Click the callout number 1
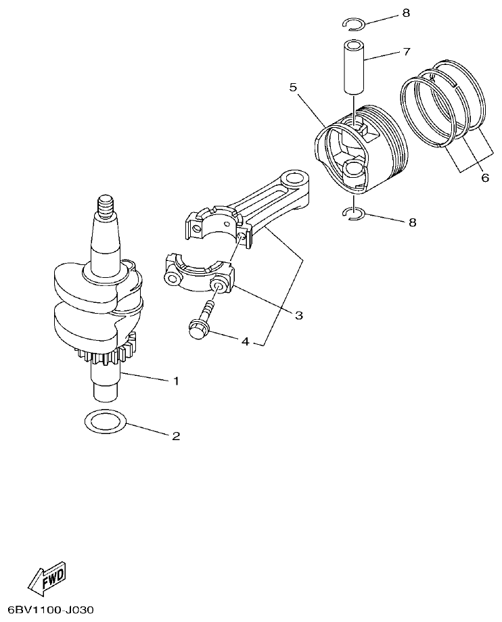[176, 381]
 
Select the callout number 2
[176, 436]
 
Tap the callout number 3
[298, 315]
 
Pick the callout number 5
[293, 87]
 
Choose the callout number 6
[484, 178]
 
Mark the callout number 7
[407, 51]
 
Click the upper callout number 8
[407, 13]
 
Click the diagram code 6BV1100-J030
[48, 610]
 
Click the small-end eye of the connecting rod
[295, 181]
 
